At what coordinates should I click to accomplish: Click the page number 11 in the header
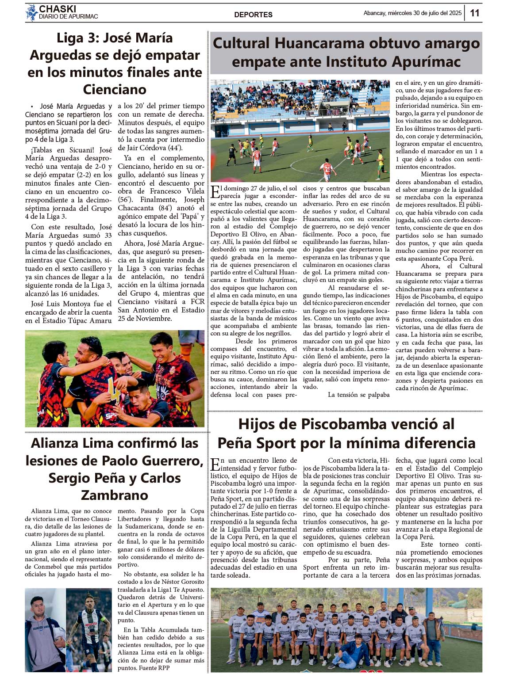(x=474, y=13)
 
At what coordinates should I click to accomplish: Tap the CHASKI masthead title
(x=58, y=9)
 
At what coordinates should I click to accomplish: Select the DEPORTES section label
(x=253, y=15)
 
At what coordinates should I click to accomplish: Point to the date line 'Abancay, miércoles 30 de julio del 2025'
(x=412, y=13)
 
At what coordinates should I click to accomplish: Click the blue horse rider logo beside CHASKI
(x=31, y=12)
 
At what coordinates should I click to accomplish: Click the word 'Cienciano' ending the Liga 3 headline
(x=115, y=89)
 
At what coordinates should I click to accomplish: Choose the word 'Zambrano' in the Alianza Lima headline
(x=115, y=495)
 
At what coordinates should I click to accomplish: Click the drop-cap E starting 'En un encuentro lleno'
(x=215, y=464)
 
